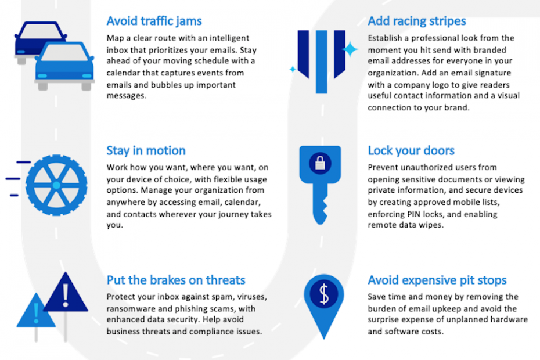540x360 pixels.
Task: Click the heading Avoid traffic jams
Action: tap(154, 21)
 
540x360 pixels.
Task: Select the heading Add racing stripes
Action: tap(417, 21)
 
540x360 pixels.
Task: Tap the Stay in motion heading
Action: tap(146, 150)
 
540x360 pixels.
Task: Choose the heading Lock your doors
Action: tap(411, 150)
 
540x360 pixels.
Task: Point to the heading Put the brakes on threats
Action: tap(176, 280)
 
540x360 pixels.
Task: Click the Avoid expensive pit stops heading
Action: tap(437, 280)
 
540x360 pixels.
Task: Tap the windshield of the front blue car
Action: tap(64, 53)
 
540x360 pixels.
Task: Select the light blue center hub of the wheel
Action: tap(56, 185)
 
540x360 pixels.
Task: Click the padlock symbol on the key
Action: tap(320, 163)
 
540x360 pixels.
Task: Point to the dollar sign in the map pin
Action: tap(324, 294)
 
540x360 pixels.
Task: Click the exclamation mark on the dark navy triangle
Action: tap(66, 295)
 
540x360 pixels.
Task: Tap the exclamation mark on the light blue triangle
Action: tap(36, 313)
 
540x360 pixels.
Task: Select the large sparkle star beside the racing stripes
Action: tap(350, 49)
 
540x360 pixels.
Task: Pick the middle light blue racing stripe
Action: tap(321, 62)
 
